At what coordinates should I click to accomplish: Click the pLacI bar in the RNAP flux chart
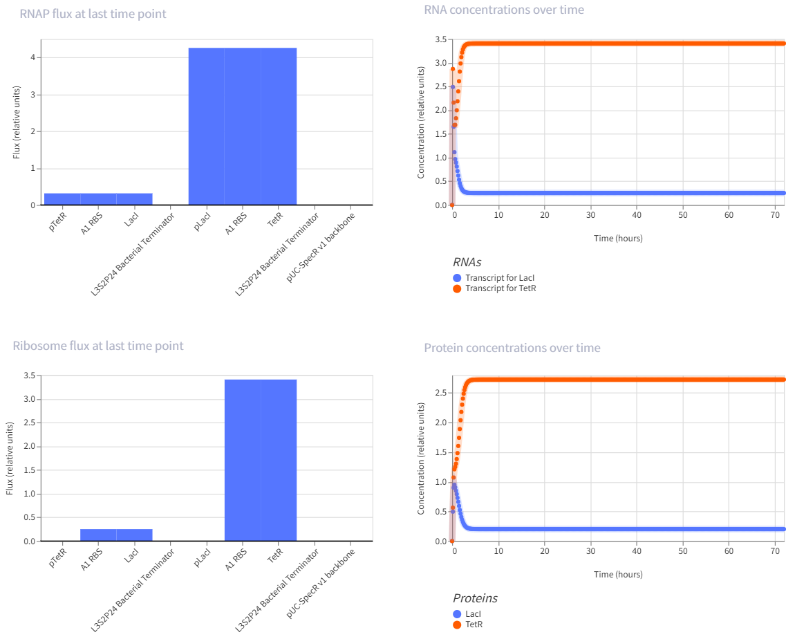click(207, 127)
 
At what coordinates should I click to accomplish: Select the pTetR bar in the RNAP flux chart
click(62, 199)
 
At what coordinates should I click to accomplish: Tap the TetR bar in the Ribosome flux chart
click(279, 460)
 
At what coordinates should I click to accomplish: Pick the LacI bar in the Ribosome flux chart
click(134, 535)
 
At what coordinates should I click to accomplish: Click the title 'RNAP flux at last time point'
click(93, 14)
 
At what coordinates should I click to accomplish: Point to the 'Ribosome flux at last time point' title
click(98, 346)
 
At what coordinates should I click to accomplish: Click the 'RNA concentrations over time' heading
click(504, 10)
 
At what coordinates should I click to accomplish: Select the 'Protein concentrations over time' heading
click(512, 348)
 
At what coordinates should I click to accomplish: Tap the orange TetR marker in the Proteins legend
click(457, 624)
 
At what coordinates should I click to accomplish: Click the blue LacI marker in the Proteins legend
click(457, 614)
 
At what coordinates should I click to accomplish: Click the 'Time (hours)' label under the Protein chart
click(618, 574)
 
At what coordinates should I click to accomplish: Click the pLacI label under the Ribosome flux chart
click(203, 558)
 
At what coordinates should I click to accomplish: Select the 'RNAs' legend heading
click(467, 262)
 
